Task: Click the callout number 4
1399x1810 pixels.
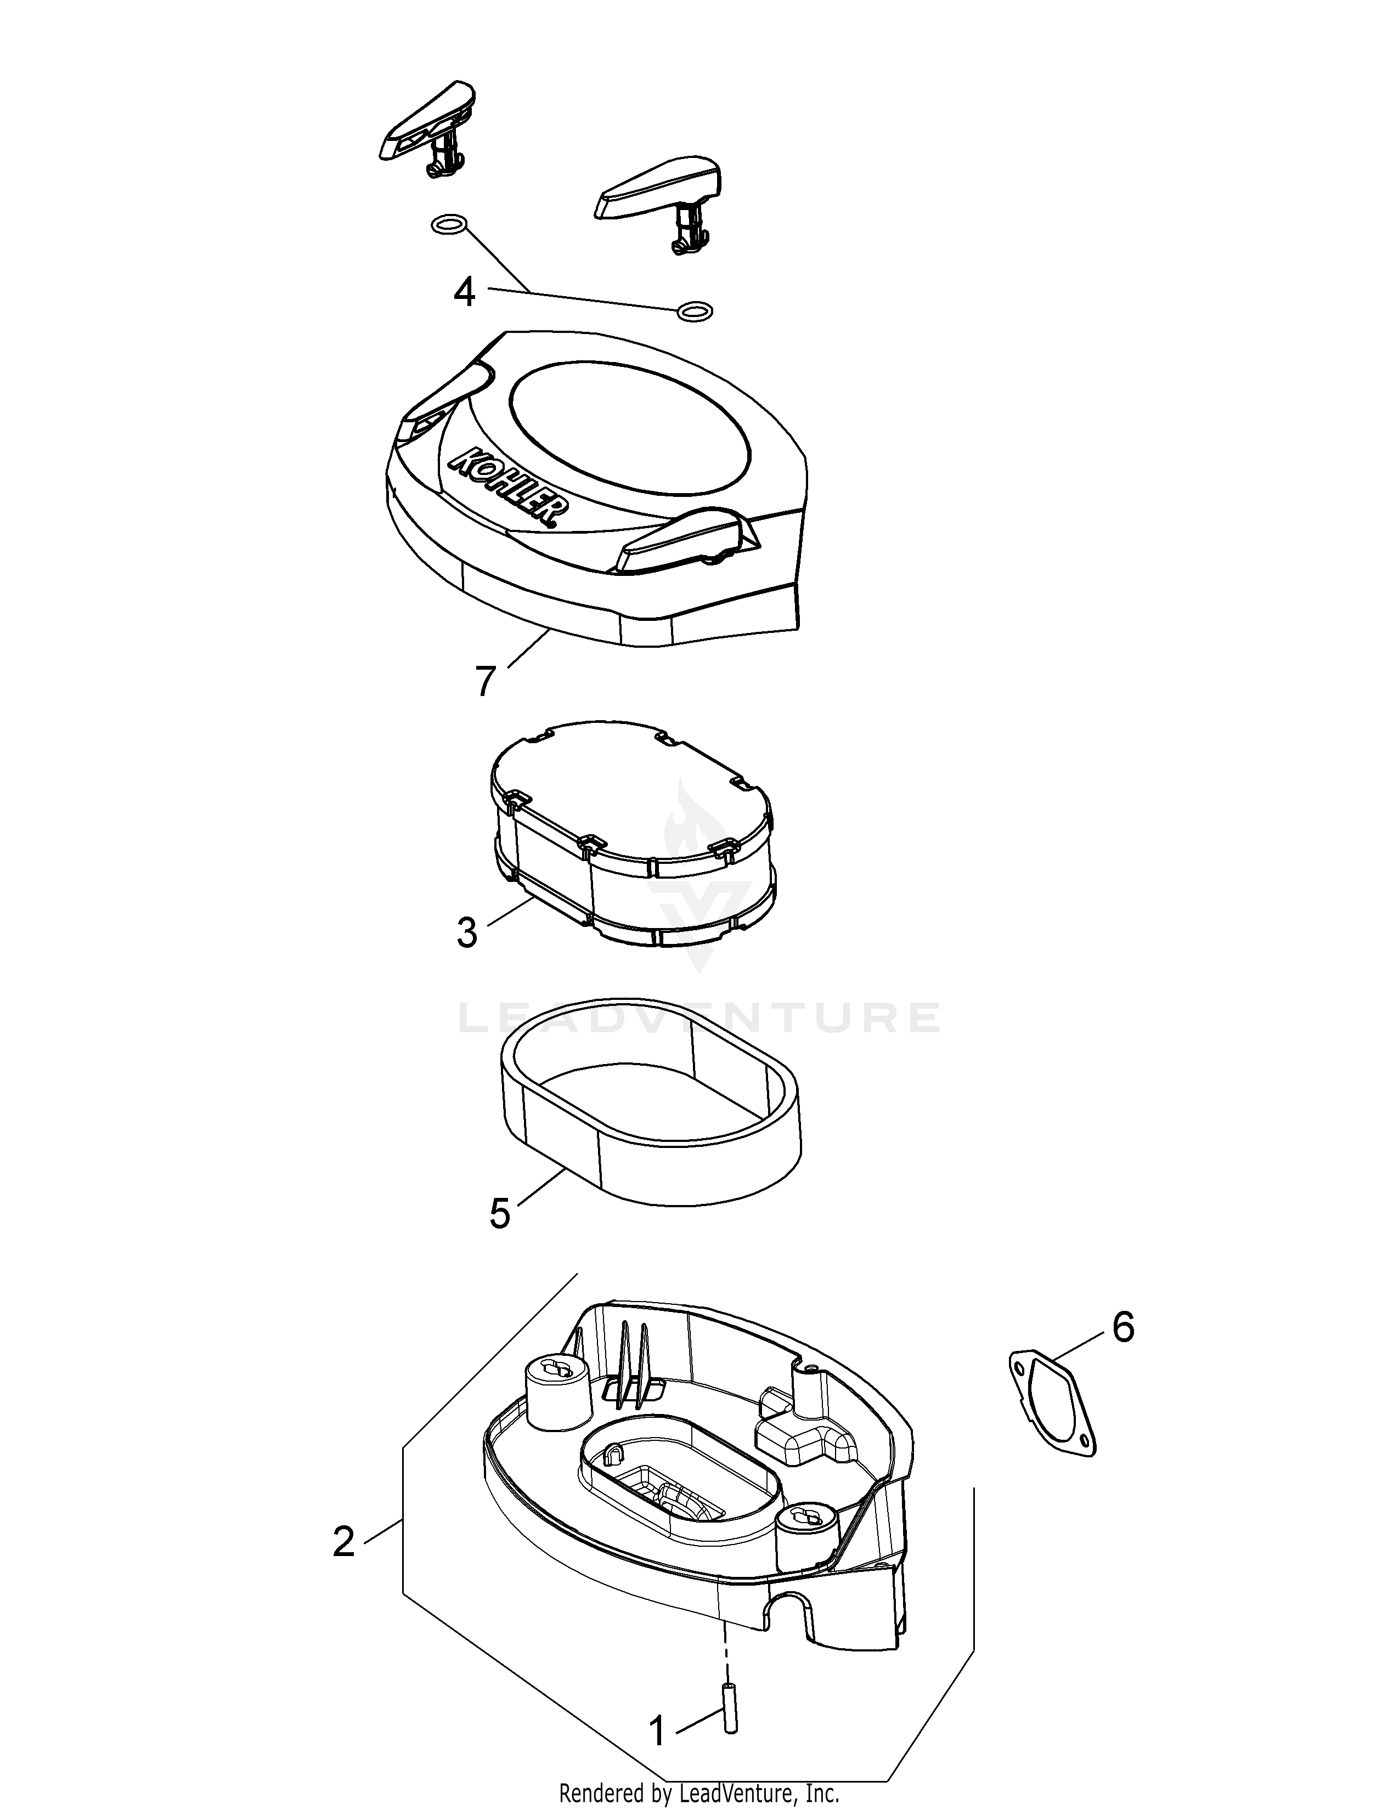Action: [465, 292]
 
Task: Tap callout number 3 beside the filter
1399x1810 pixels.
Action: [467, 932]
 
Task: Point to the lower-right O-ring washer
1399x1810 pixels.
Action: [695, 312]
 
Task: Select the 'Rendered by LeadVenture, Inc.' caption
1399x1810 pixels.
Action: [699, 1794]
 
